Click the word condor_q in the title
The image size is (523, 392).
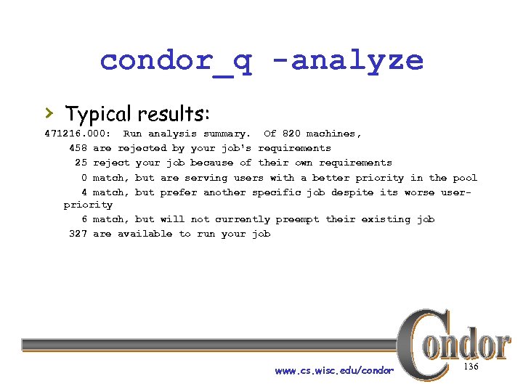coord(176,60)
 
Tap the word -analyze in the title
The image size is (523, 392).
coord(357,60)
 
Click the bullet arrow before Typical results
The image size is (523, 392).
coord(49,113)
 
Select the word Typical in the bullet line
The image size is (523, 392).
coord(97,114)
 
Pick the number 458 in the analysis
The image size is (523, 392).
coord(78,148)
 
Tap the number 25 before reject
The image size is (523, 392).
coord(81,163)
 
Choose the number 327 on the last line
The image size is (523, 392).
coord(78,234)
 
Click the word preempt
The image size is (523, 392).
coord(294,219)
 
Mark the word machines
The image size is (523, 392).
coord(333,134)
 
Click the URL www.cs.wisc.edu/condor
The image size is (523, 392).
coord(334,371)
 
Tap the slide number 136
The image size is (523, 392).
coord(471,367)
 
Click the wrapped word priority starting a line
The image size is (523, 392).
coord(88,205)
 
